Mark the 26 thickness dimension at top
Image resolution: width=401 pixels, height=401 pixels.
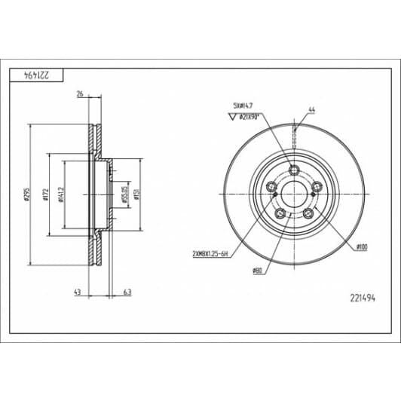(x=79, y=94)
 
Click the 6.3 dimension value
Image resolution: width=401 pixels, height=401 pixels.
(x=126, y=292)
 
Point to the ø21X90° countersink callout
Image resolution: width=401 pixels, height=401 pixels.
(x=249, y=117)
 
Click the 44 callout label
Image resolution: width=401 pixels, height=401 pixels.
(x=311, y=111)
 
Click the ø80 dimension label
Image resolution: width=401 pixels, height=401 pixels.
(x=258, y=271)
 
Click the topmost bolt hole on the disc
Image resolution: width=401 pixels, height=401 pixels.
(x=295, y=170)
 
